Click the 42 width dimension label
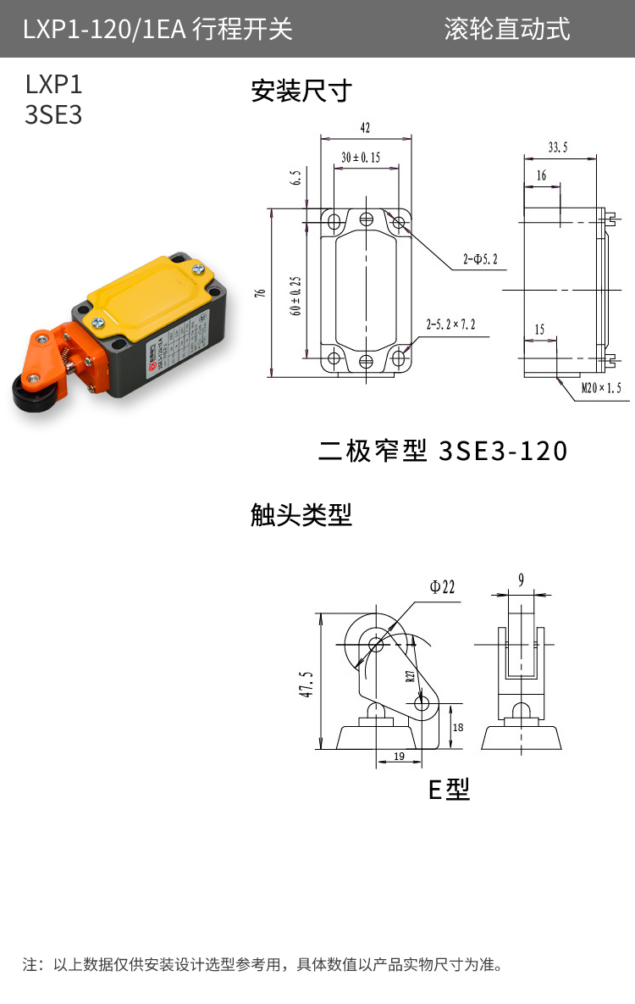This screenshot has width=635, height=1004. coord(365,128)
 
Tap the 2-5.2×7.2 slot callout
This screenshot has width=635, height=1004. coord(450,324)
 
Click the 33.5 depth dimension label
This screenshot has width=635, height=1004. coord(558,147)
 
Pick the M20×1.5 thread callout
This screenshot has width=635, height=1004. coord(601,388)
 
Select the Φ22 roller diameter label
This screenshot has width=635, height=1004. coord(442,586)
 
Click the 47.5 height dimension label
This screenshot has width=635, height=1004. coord(306,684)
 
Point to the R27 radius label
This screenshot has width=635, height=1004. coord(410,676)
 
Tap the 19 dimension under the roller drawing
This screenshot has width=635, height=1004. coord(399,756)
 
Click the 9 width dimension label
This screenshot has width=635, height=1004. coord(521,580)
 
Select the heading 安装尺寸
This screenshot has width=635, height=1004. coord(301,91)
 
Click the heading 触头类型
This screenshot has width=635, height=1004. coord(301,514)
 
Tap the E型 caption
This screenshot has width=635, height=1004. coord(449,790)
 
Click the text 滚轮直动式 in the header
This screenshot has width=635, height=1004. coord(507,29)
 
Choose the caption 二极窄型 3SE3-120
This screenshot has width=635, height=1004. coord(442,451)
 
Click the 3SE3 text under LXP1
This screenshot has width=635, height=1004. coord(54,115)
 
